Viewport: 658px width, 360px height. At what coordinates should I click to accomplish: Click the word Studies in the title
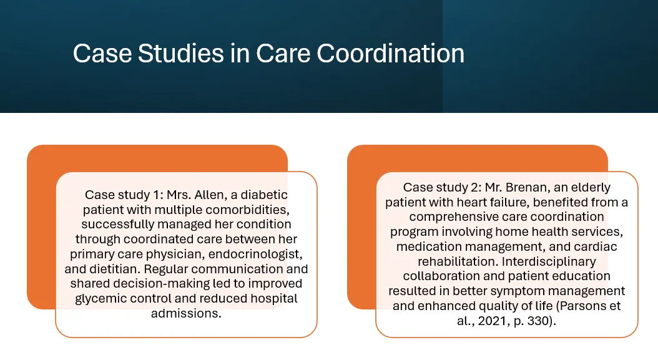[180, 53]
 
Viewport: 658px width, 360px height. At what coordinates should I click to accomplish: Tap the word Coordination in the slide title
[390, 53]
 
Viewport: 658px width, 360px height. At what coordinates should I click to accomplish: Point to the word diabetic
[264, 195]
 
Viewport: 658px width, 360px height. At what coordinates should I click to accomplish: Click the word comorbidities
[247, 210]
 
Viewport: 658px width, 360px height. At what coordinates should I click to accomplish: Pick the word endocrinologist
[255, 255]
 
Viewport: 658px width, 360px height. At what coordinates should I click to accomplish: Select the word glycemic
[101, 299]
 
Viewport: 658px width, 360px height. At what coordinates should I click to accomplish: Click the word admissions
[186, 313]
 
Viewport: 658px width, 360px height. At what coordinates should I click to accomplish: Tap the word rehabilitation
[458, 261]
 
